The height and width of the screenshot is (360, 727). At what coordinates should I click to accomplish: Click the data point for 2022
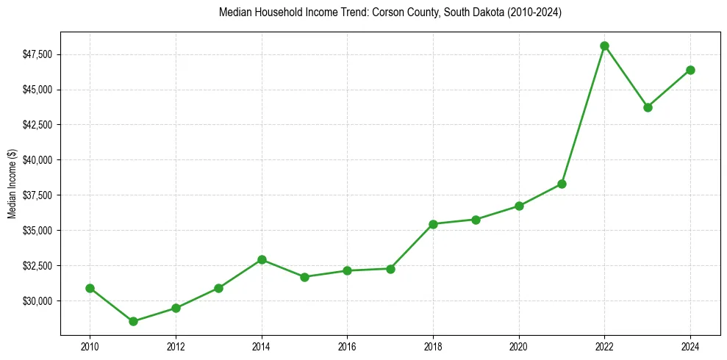point(604,46)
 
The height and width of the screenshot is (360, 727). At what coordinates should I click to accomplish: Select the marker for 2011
point(133,321)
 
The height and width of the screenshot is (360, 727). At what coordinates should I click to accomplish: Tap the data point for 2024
point(690,70)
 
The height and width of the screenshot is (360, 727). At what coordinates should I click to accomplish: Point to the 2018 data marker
point(433,224)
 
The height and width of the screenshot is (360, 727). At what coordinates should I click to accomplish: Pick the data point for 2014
point(262,259)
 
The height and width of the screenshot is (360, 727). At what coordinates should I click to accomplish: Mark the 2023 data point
point(648,107)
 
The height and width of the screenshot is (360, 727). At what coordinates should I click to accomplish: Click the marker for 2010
point(90,288)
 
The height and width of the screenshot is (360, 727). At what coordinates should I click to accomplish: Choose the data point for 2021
point(562,184)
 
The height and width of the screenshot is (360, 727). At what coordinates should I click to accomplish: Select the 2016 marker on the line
point(347,270)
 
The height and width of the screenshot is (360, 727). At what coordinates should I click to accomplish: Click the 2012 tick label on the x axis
point(176,347)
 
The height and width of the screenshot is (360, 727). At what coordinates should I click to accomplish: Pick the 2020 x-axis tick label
point(519,347)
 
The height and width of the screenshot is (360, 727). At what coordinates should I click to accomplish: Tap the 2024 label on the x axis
point(690,347)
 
